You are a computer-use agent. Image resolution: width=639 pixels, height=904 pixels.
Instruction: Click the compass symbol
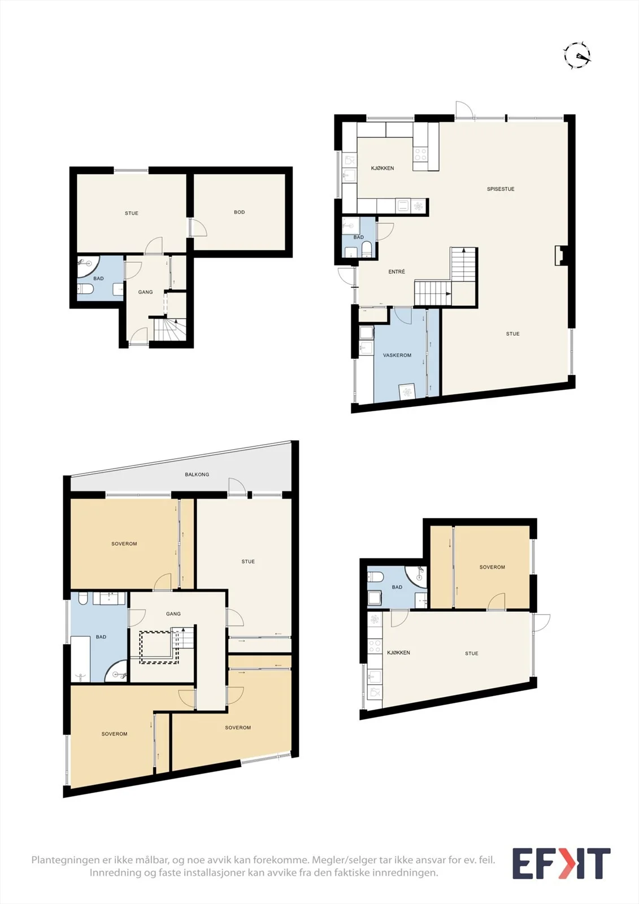tap(577, 55)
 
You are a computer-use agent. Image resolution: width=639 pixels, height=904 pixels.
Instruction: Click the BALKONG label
tap(197, 474)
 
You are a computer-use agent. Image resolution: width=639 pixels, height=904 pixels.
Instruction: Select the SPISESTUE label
tap(501, 189)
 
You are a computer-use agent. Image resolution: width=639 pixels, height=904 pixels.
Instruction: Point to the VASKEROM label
tap(397, 355)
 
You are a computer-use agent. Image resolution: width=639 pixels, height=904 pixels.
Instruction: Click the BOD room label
tap(240, 212)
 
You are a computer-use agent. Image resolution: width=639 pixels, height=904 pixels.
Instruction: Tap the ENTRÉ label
tap(397, 272)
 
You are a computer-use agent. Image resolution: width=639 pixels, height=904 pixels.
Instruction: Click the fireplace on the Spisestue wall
tap(560, 255)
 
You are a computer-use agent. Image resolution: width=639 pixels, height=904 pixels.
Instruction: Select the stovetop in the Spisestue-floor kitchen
tap(420, 154)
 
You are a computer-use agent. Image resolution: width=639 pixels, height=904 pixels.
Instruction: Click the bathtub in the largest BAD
tap(80, 659)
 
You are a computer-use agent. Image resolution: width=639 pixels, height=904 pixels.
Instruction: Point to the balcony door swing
tap(237, 486)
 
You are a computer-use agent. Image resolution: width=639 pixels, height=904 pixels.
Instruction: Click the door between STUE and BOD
tap(198, 228)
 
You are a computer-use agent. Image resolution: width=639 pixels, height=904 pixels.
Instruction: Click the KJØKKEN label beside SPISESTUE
tap(382, 168)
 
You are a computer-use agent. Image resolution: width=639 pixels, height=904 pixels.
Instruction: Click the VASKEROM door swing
tap(402, 316)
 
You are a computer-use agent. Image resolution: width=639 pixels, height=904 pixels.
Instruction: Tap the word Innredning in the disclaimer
tap(112, 873)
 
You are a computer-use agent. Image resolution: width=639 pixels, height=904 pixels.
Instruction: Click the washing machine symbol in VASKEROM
tap(407, 392)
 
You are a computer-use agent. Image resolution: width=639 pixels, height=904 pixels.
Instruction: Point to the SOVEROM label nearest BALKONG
tap(124, 544)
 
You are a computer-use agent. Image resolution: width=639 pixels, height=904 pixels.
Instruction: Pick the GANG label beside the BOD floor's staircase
tap(145, 292)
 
